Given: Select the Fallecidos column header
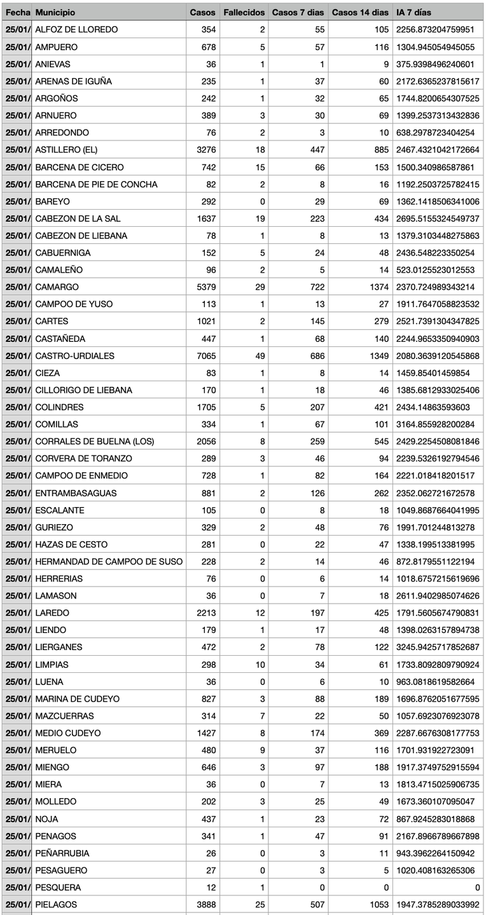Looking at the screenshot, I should tap(244, 13).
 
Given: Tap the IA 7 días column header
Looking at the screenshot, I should tap(413, 13).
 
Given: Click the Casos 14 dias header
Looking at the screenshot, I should tap(360, 13).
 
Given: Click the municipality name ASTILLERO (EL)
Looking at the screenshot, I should tap(66, 150).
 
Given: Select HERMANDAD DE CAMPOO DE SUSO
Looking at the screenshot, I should tap(109, 562).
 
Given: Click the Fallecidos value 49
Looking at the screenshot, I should tap(260, 356).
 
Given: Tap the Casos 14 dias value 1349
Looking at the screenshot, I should tap(378, 356).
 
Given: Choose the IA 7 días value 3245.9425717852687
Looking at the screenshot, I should tap(438, 647).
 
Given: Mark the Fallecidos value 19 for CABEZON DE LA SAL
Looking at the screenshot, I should tap(260, 219).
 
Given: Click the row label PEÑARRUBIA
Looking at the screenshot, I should tap(62, 853).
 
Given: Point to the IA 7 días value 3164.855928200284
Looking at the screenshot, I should tap(436, 424).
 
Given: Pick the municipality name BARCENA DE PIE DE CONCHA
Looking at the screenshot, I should tap(97, 184).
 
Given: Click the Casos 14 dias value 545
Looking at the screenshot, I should tap(381, 442).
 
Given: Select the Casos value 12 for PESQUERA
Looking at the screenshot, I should tap(210, 888).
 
